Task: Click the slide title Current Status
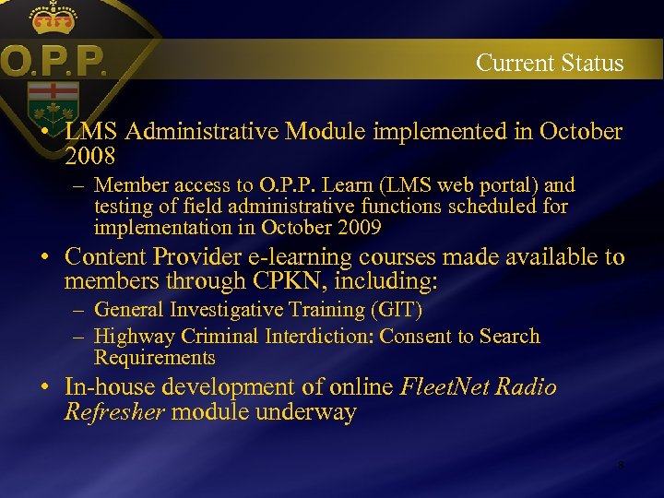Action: click(550, 64)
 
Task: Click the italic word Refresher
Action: click(113, 411)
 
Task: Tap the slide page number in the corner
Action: click(621, 466)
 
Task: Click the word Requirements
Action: click(154, 358)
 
